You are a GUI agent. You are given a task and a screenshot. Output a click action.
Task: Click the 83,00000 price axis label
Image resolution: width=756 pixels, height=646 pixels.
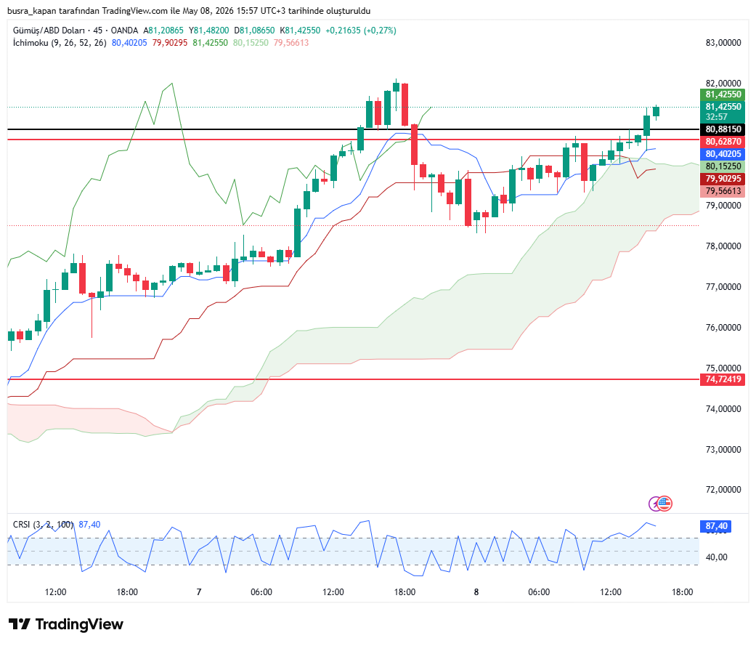click(723, 42)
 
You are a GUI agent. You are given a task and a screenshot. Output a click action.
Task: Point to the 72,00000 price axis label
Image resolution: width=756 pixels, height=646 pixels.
click(723, 489)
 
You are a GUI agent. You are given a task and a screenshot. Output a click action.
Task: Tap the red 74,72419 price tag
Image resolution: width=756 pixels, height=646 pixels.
click(723, 379)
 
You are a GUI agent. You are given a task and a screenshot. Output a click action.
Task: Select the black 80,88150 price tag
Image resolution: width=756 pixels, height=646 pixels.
click(723, 129)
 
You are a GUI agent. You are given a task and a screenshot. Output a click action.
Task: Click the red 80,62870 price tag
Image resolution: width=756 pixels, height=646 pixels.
click(723, 142)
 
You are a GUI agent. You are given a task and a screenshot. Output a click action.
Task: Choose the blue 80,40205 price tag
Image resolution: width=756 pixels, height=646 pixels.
click(723, 154)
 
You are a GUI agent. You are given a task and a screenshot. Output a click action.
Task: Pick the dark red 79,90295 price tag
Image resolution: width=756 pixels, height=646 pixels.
click(723, 179)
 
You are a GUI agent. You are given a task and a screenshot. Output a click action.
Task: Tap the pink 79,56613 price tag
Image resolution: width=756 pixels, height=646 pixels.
click(723, 191)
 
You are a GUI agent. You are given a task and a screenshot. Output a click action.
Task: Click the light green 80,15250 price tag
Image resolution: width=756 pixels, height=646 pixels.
click(723, 166)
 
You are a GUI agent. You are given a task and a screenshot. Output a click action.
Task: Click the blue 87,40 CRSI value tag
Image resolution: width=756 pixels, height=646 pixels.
click(716, 526)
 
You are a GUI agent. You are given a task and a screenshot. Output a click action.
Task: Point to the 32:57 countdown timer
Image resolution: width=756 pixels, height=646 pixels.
click(717, 117)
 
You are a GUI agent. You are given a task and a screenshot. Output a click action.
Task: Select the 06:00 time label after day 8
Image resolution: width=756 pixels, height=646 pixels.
click(539, 592)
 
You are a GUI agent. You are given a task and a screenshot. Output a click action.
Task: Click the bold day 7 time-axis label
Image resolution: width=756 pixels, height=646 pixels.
click(199, 592)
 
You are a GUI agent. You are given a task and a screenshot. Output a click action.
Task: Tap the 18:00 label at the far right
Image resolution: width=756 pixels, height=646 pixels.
click(682, 592)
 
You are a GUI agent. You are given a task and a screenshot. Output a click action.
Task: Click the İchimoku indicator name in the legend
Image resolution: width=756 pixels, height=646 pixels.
click(31, 43)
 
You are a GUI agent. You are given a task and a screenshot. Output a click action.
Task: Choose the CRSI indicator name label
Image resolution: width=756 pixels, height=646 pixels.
click(21, 525)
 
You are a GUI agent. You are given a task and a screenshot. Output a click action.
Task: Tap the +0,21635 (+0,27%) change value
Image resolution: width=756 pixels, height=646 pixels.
click(361, 31)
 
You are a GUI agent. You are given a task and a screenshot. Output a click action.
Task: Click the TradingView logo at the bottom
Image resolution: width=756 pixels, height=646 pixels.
click(66, 624)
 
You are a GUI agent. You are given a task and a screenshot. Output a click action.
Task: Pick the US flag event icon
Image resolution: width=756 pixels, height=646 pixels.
click(664, 503)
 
